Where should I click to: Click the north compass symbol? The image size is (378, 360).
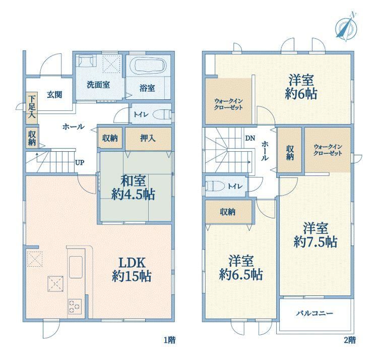pos(346,27)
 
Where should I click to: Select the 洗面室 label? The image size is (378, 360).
pos(98,85)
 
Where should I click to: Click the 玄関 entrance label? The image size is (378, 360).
pos(54,95)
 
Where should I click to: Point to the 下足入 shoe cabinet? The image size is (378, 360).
pos(31,108)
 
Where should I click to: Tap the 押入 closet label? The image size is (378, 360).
pos(148,138)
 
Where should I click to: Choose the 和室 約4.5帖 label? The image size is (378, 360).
pos(133,188)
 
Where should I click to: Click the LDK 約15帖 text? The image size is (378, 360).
pos(132,270)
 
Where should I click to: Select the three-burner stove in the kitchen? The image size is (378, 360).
pos(75,307)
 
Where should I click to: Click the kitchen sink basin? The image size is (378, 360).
pos(76,267)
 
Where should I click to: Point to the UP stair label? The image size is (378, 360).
pos(80,162)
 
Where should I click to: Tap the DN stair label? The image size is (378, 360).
pos(250,139)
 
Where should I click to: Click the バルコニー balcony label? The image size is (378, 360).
pos(314,313)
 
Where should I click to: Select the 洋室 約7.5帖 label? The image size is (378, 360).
pos(316,235)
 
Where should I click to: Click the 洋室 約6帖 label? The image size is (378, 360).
pos(301,87)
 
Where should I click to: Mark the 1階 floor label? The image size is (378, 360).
pos(170,340)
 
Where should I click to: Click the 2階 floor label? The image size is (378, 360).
pos(350,340)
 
